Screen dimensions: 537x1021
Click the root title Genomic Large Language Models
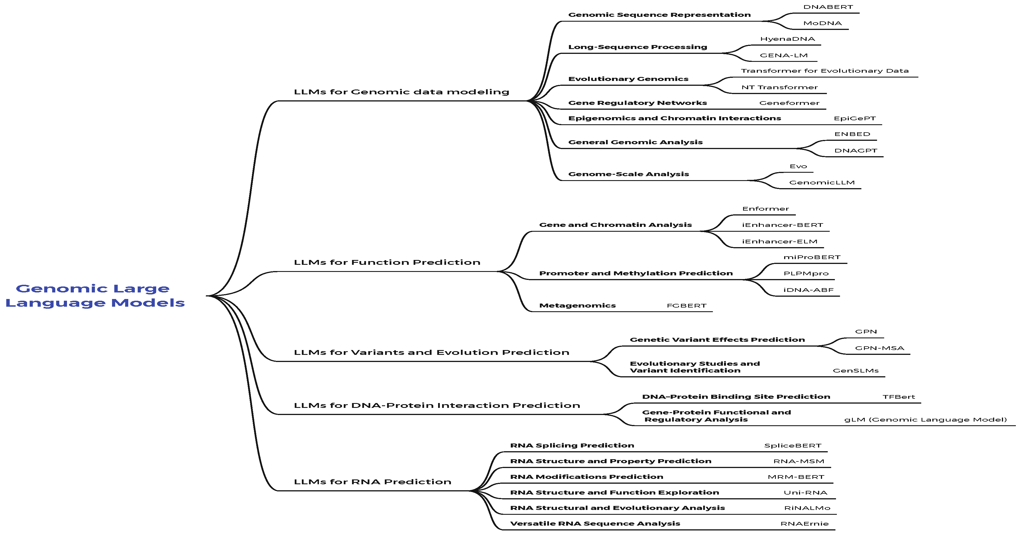click(95, 296)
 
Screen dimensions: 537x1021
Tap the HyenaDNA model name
click(788, 39)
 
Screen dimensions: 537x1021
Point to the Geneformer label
click(789, 103)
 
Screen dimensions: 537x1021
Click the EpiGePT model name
click(855, 119)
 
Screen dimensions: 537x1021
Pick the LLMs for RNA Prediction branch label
click(373, 482)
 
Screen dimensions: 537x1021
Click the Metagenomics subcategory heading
click(577, 306)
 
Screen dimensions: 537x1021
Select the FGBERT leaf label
click(686, 306)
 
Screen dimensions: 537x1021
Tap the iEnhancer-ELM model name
click(780, 242)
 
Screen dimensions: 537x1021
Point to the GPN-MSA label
click(880, 348)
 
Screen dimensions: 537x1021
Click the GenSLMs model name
click(856, 371)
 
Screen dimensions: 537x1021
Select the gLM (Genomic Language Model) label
click(926, 420)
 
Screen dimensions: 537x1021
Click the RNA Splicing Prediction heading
click(572, 446)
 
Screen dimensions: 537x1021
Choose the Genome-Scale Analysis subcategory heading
click(628, 174)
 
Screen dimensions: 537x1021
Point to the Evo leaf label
click(798, 166)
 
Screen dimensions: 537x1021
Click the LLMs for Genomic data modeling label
click(402, 92)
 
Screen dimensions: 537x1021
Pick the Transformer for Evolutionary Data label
click(825, 71)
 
